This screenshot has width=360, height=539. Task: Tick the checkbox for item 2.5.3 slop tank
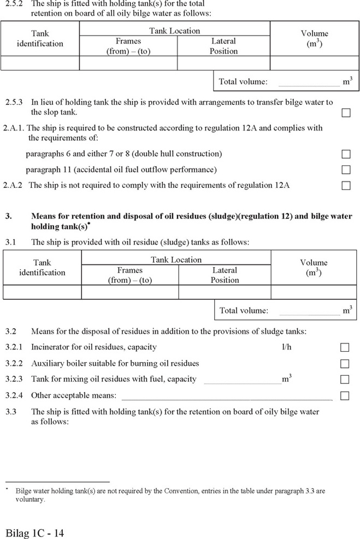(346, 113)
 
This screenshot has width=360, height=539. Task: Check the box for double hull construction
(346, 154)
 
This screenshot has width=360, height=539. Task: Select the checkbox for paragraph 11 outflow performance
(346, 170)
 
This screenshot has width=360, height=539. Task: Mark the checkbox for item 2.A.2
(346, 186)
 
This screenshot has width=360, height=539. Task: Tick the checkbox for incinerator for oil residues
(345, 347)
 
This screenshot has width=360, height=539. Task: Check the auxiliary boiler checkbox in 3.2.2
(345, 363)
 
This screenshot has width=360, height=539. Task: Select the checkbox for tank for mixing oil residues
(345, 379)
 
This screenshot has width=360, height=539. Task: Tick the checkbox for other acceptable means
(345, 395)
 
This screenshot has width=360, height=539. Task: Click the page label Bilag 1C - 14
(35, 532)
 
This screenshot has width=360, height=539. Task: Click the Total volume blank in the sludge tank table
(309, 312)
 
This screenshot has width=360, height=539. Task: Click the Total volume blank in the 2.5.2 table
(309, 84)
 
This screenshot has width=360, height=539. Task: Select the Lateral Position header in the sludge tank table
(225, 275)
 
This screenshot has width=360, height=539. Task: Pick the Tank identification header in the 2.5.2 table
(40, 39)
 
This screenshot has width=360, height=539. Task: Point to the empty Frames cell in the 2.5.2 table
(128, 63)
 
